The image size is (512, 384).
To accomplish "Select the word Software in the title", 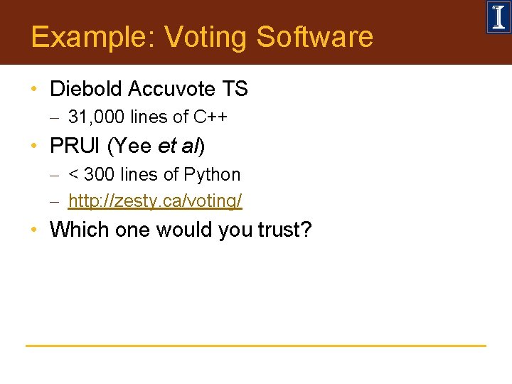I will coord(314,37).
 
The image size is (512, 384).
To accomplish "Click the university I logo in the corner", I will coord(498,17).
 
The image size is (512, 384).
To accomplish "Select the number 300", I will coord(98,174).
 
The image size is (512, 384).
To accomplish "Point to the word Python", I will coord(212,174).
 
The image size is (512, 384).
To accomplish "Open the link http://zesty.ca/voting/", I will coord(155,201).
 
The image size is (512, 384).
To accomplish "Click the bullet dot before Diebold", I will coord(34,90).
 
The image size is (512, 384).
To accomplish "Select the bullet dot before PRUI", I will coord(34,146).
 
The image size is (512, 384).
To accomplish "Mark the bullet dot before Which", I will coord(34,230).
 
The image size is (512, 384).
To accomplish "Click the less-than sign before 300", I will coord(73,175).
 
